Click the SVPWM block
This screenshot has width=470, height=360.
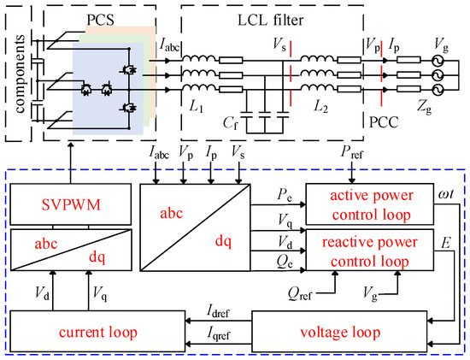(x=71, y=204)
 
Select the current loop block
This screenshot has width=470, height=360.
(x=97, y=332)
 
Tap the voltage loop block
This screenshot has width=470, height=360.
(x=339, y=332)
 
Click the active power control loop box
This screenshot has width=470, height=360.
(x=369, y=204)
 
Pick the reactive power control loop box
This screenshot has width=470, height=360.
(x=369, y=251)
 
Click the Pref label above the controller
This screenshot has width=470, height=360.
(x=352, y=152)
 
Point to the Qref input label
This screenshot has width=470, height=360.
(x=300, y=293)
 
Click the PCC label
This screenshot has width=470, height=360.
(x=384, y=122)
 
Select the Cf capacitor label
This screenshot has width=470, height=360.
(x=230, y=123)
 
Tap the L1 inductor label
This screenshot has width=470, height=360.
(x=197, y=106)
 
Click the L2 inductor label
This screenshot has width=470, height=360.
(x=321, y=106)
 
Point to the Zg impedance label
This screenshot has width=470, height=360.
(x=425, y=107)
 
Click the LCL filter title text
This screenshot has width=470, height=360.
(x=270, y=21)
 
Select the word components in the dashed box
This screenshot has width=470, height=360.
(x=20, y=74)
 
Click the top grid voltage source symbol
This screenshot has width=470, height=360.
(x=438, y=61)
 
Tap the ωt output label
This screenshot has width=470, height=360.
(x=446, y=194)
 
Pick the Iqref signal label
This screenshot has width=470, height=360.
(x=219, y=333)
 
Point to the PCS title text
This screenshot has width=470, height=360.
(x=101, y=21)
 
